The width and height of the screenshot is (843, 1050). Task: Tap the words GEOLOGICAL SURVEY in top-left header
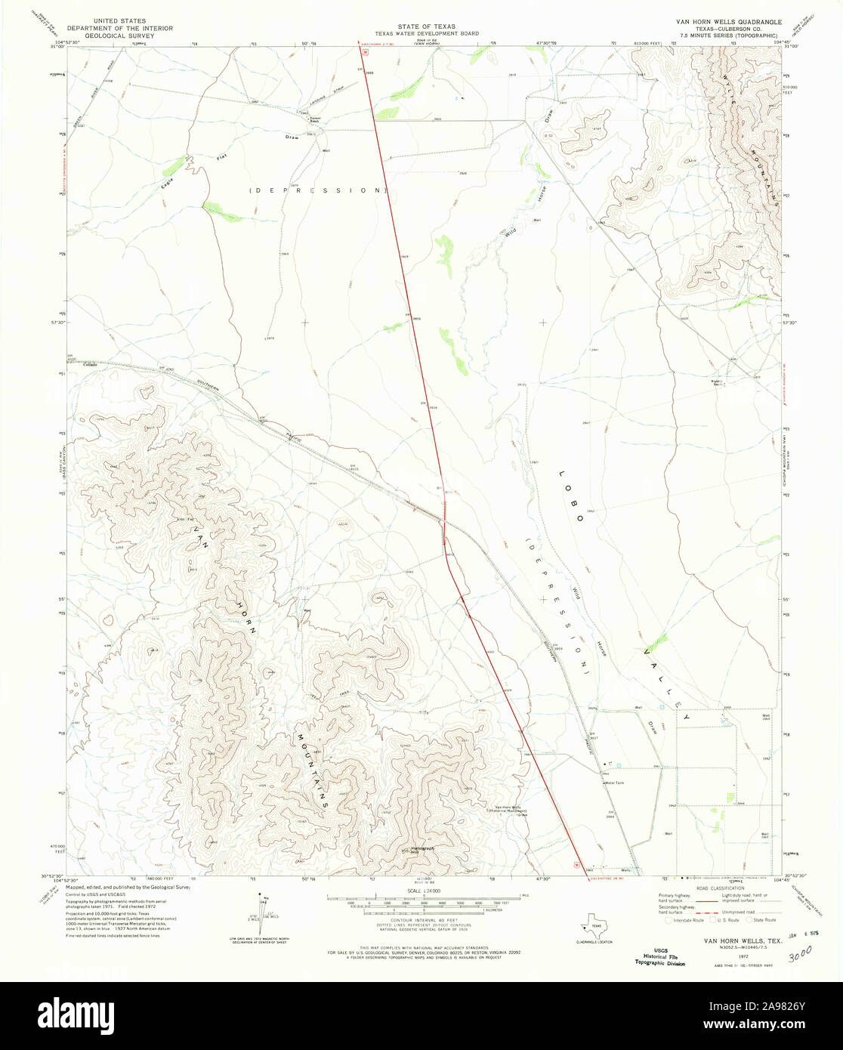121,35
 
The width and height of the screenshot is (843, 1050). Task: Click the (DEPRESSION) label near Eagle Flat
317,190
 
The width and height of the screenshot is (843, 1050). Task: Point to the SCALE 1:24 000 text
421,891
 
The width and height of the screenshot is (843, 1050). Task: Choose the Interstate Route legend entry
685,920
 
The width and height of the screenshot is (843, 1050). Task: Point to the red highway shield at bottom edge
578,866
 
